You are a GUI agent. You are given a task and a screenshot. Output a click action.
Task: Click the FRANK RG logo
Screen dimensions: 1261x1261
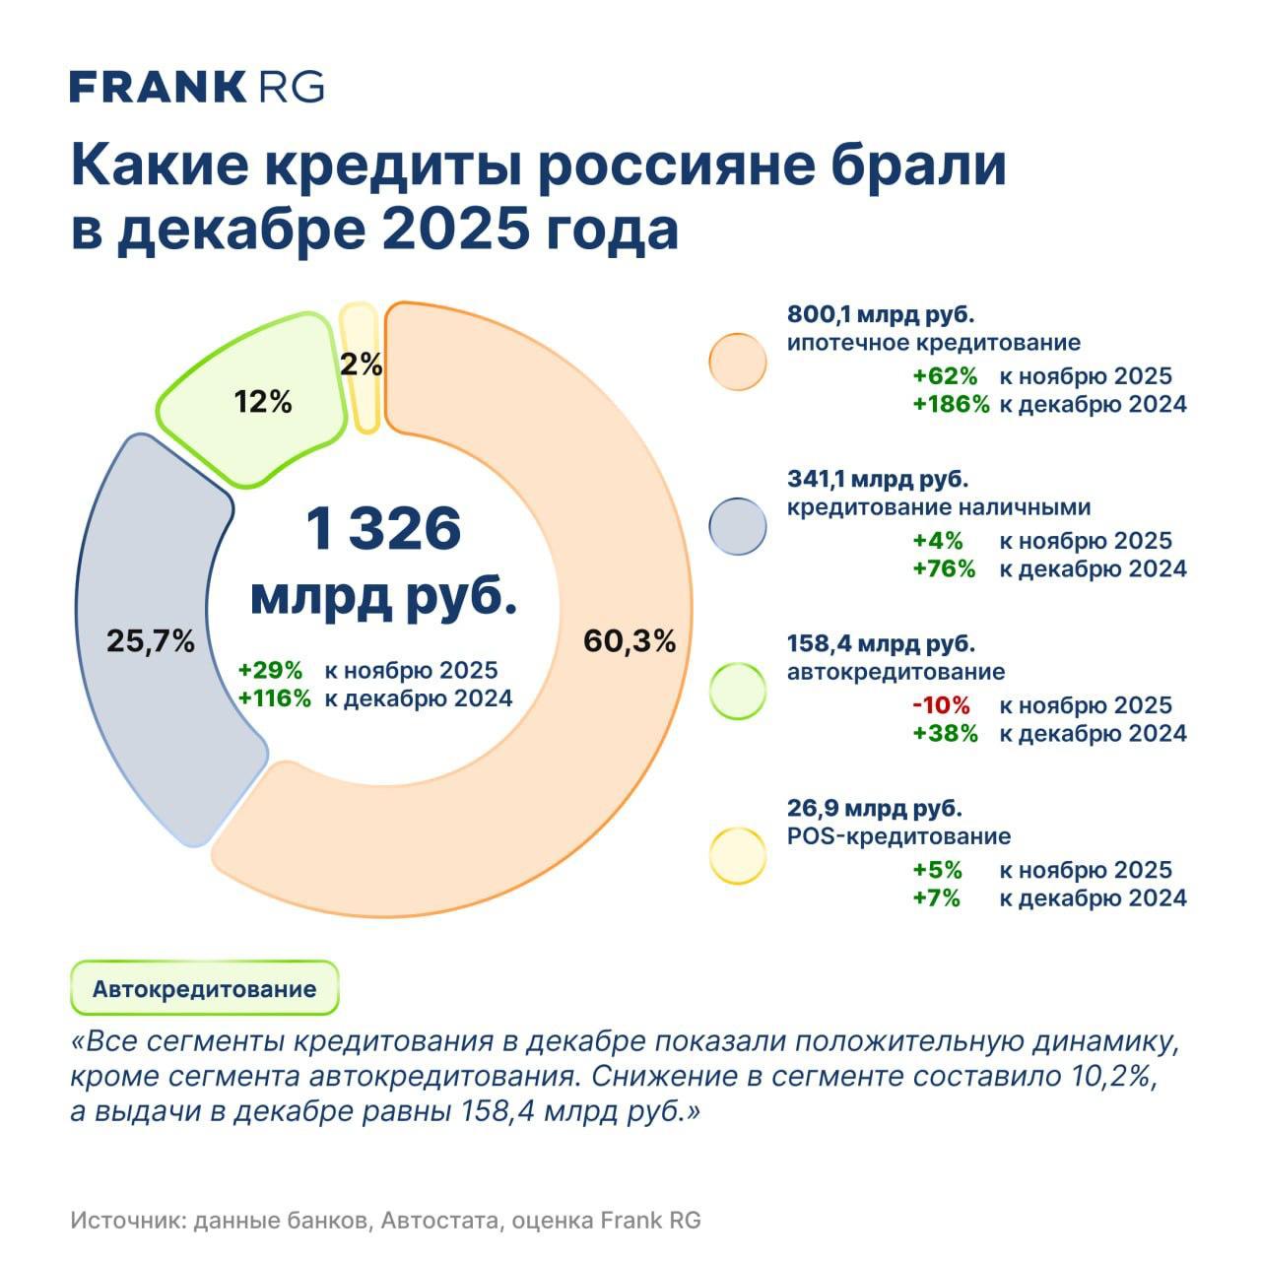[196, 87]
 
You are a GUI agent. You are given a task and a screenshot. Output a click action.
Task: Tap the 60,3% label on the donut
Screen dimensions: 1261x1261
[630, 641]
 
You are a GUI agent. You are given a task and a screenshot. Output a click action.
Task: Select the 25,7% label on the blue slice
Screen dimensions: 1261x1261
[150, 642]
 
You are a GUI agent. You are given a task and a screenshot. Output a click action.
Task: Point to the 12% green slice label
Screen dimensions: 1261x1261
[263, 402]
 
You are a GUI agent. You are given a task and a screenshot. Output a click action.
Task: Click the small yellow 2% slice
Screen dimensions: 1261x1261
[361, 365]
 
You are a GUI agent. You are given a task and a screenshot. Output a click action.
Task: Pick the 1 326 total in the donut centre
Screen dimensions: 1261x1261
[383, 529]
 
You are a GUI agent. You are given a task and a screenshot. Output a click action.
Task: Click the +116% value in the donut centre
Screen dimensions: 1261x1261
[275, 698]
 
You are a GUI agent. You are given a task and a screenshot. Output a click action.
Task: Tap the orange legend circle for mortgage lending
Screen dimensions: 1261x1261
[737, 362]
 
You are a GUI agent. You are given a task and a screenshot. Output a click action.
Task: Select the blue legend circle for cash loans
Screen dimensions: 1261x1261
[737, 526]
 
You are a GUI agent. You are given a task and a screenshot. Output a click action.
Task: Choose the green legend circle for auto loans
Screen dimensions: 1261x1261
[737, 691]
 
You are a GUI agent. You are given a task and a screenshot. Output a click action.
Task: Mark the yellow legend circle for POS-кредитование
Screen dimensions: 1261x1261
[737, 855]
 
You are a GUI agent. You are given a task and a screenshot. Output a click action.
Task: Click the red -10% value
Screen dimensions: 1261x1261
[941, 705]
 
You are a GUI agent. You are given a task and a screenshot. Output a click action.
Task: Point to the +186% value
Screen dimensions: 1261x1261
[950, 404]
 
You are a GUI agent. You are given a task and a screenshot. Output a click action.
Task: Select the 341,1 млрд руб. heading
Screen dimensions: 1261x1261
[878, 480]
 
